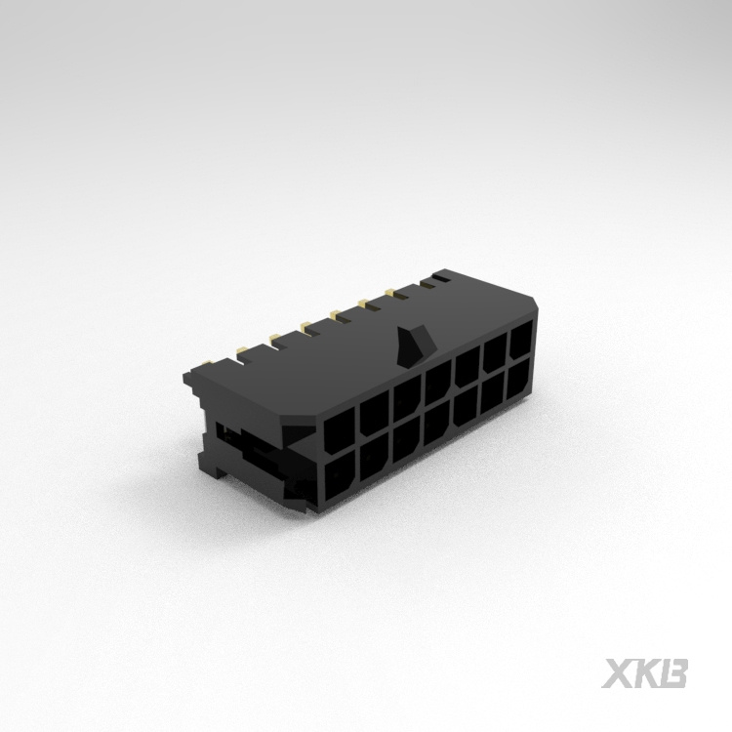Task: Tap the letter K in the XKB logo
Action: click(x=646, y=673)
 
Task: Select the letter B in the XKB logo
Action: click(x=675, y=673)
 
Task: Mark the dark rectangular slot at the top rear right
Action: click(x=442, y=279)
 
